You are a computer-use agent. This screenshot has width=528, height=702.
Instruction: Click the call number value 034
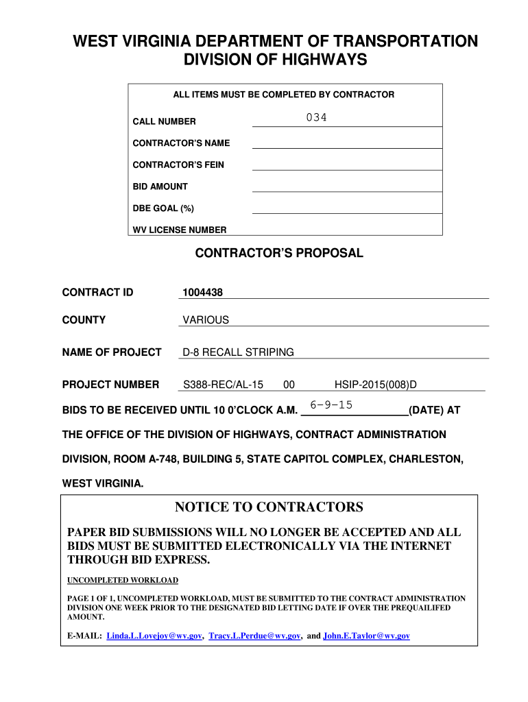[x=316, y=118]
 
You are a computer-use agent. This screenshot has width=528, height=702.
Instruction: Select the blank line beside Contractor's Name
[x=347, y=143]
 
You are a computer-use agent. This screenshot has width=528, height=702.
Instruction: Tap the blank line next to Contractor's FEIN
[x=347, y=165]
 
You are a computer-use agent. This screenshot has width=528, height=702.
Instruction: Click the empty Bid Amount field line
[x=347, y=186]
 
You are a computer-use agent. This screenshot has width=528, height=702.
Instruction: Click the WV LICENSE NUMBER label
[x=179, y=230]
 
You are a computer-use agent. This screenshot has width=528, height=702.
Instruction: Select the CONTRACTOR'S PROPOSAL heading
[x=279, y=254]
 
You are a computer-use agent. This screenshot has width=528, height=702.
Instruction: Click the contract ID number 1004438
[x=202, y=293]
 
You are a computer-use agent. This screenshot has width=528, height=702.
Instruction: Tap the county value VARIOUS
[x=206, y=320]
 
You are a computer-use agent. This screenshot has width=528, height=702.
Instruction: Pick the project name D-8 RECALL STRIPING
[x=238, y=352]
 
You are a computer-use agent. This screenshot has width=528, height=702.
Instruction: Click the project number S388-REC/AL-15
[x=223, y=385]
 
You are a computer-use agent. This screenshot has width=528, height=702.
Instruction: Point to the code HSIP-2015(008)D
[x=375, y=385]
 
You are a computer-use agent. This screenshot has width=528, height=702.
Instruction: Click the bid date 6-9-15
[x=331, y=405]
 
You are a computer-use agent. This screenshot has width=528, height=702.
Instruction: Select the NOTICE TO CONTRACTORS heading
[x=269, y=507]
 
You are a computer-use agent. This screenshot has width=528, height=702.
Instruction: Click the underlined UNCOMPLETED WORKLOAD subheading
[x=122, y=580]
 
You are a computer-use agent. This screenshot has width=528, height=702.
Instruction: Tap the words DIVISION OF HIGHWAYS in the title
[x=276, y=60]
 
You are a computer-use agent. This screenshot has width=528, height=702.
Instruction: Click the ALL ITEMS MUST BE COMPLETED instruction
[x=283, y=95]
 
